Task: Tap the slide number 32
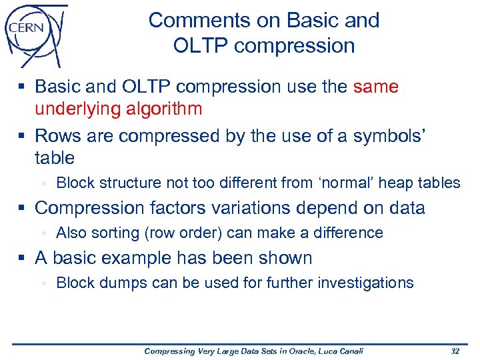pos(455,351)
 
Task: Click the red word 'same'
pos(376,87)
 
